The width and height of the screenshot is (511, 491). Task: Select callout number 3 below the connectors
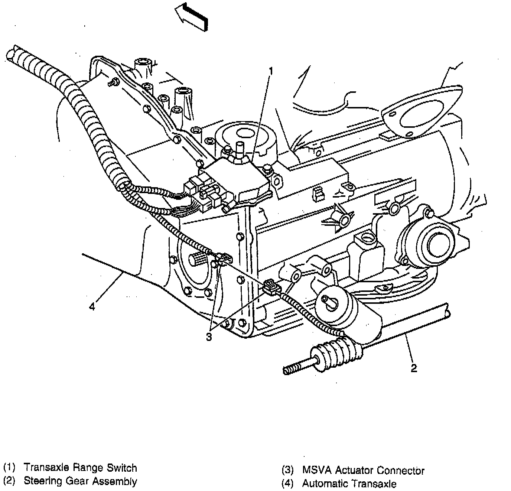209,337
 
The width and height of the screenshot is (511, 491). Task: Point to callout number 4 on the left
92,307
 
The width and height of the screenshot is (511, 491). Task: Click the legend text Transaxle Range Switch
80,468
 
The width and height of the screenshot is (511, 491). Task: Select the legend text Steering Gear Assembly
80,481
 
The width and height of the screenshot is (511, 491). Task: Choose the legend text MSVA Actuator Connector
363,471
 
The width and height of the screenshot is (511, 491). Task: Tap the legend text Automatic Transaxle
349,484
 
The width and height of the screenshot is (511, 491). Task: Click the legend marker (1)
9,468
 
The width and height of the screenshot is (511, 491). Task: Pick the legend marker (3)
288,471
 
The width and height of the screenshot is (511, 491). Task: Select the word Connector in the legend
400,471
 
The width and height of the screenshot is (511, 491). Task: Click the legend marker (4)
288,484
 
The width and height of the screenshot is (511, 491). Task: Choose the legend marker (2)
9,481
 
